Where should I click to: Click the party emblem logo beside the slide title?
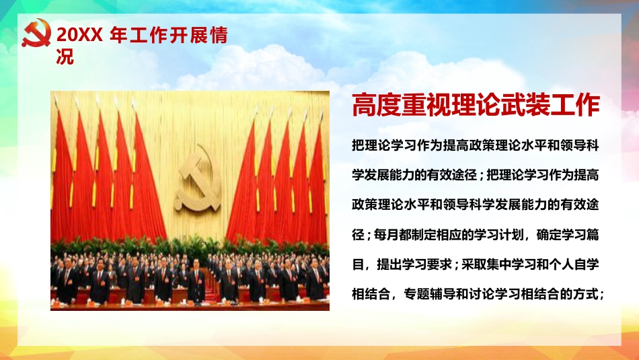36,34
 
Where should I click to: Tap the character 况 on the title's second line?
65,57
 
